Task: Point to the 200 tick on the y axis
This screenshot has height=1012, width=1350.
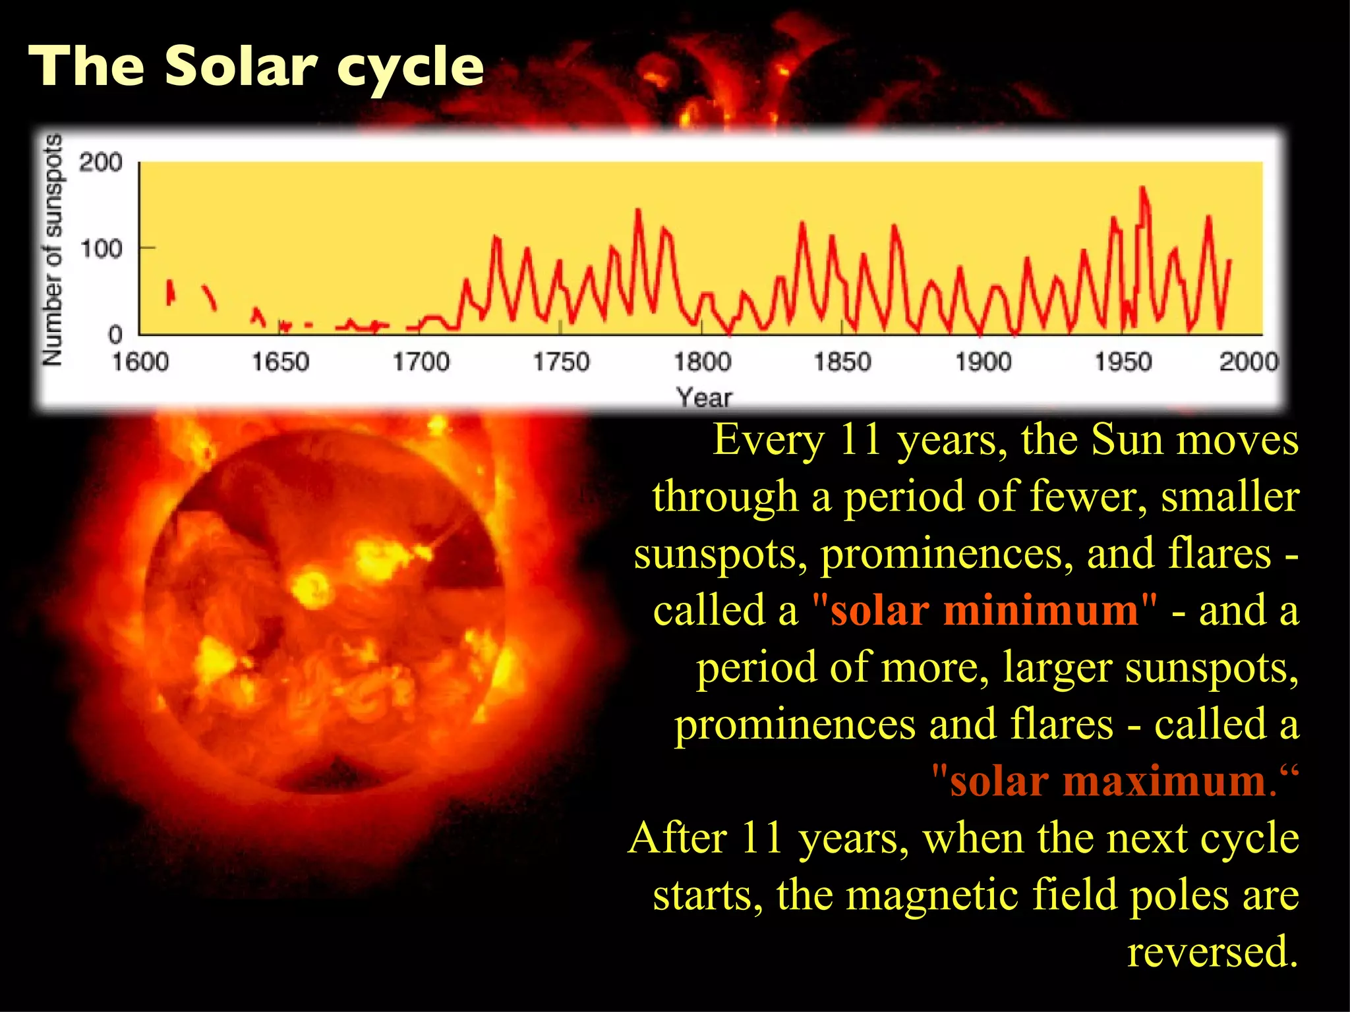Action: pos(101,162)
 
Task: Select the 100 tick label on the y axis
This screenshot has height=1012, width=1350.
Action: pos(101,249)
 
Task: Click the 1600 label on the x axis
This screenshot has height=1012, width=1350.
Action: pos(140,362)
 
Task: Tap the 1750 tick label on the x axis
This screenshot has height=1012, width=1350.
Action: pos(561,362)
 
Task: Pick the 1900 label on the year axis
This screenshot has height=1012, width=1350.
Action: pos(983,362)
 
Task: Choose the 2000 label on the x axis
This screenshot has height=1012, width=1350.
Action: pos(1248,362)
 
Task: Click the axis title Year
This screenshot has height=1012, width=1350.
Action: pos(704,397)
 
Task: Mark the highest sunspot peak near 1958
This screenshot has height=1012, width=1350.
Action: pos(1142,189)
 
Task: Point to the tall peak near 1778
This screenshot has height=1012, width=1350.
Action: pos(637,211)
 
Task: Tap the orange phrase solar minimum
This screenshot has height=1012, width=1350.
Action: pos(983,610)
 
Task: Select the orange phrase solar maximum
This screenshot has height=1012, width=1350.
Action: pos(1107,781)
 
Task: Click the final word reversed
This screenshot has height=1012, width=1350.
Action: pos(1212,952)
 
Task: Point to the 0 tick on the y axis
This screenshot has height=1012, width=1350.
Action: pos(115,335)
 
